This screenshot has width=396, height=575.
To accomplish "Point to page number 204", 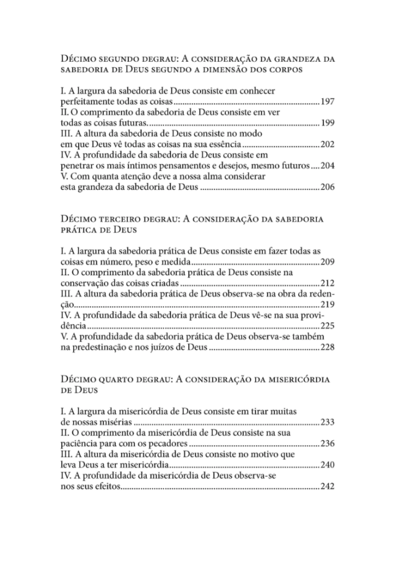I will pyautogui.click(x=328, y=166).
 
